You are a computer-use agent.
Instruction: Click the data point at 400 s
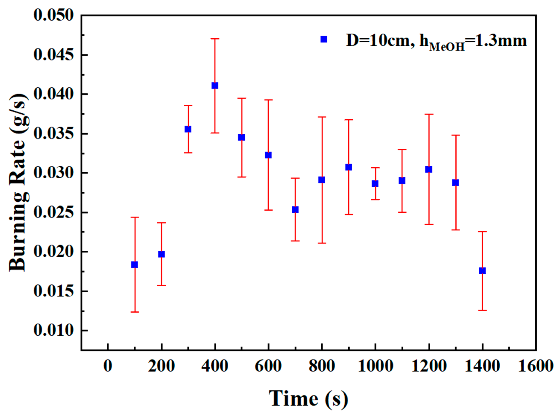click(215, 86)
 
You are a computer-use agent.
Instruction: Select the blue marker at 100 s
click(134, 265)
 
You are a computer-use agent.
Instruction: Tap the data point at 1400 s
click(482, 271)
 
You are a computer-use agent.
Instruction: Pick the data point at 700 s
click(295, 210)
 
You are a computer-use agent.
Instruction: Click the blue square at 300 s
click(188, 129)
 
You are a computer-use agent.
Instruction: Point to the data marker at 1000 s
click(375, 184)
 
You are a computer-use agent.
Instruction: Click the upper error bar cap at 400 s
click(215, 39)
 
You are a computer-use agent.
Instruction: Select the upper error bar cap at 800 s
click(322, 117)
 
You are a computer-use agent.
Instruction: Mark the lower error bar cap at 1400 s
click(482, 310)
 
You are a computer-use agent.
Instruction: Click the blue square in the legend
click(324, 39)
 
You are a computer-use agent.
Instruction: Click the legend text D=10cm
click(378, 40)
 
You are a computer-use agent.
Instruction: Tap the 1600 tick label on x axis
click(535, 366)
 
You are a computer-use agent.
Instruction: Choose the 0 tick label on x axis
click(108, 366)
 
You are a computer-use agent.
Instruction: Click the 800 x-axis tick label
click(322, 366)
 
